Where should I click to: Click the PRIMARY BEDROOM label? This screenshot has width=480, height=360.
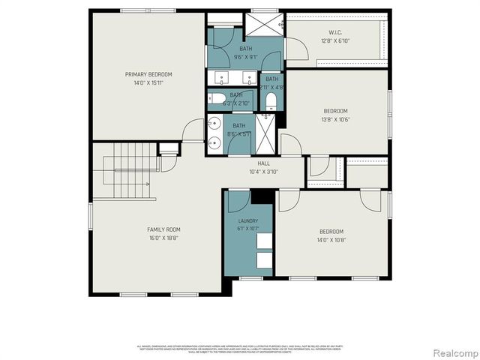coord(148,74)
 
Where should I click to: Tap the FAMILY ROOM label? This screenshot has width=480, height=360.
coord(163,229)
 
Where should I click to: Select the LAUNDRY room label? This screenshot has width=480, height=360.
coord(248,221)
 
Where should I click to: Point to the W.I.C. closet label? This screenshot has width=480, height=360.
coord(335,32)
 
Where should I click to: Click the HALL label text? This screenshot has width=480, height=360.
coord(264,163)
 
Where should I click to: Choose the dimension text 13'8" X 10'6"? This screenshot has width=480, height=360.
coord(335,119)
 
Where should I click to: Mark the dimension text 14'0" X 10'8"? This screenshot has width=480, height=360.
coord(331,240)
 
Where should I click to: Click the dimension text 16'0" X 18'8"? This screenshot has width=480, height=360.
coord(163,238)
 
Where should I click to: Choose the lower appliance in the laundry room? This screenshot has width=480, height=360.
coord(264,260)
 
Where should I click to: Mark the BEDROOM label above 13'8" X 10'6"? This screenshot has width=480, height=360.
coord(335,112)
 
